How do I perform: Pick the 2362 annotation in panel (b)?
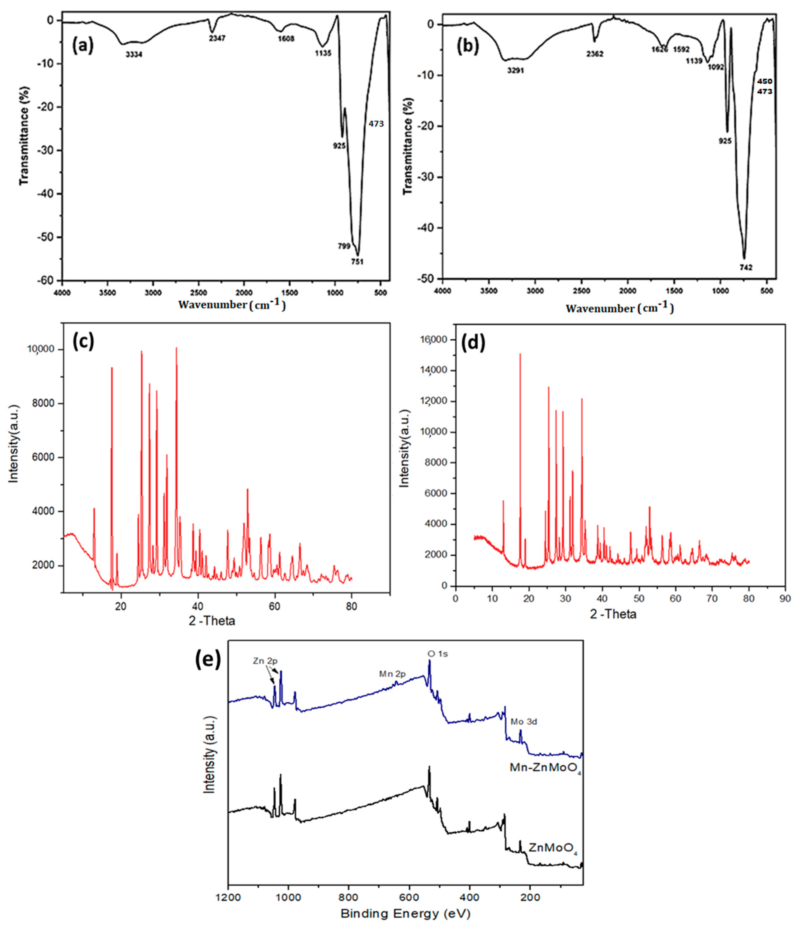click(x=595, y=54)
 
